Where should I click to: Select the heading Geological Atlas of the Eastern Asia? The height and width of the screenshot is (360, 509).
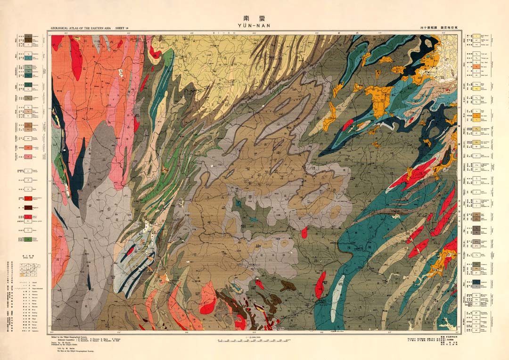pyautogui.click(x=80, y=29)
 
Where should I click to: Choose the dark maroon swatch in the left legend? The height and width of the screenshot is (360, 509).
pyautogui.click(x=28, y=207)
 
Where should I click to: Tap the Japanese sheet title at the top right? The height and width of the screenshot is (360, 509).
pyautogui.click(x=438, y=29)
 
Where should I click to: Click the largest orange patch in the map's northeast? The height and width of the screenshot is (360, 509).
pyautogui.click(x=379, y=99)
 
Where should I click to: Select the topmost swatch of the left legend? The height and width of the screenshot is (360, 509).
pyautogui.click(x=28, y=36)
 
